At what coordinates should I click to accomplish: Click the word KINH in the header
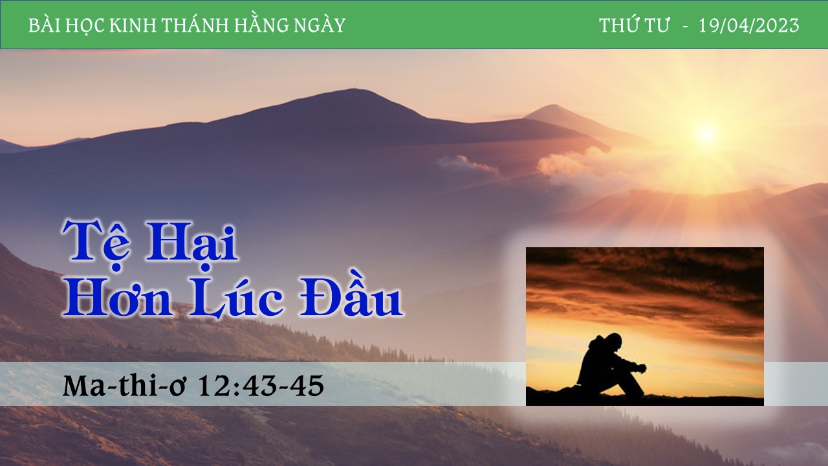(x=133, y=25)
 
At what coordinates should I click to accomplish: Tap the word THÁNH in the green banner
(x=196, y=25)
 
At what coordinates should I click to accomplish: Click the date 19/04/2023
(x=749, y=25)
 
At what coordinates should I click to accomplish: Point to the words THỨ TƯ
(x=635, y=25)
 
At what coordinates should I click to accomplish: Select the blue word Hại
(x=192, y=244)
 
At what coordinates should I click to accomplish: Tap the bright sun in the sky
(x=706, y=134)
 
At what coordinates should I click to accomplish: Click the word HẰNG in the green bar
(x=263, y=25)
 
